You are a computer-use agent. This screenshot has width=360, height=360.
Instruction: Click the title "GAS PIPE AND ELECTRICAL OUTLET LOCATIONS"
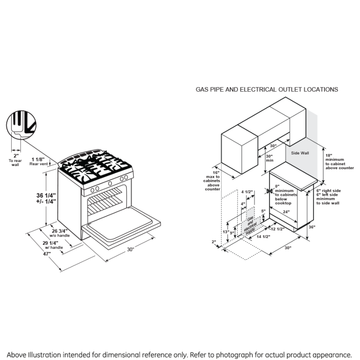pyautogui.click(x=266, y=90)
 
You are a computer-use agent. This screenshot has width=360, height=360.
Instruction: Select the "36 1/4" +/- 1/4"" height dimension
pyautogui.click(x=46, y=198)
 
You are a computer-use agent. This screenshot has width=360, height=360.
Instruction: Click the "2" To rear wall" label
pyautogui.click(x=15, y=160)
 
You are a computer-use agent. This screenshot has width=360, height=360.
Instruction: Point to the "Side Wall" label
pyautogui.click(x=300, y=153)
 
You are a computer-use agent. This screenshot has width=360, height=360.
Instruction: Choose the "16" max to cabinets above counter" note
pyautogui.click(x=212, y=181)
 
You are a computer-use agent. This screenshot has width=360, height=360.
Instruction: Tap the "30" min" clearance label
pyautogui.click(x=269, y=158)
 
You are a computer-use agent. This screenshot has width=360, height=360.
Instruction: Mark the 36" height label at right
pyautogui.click(x=312, y=227)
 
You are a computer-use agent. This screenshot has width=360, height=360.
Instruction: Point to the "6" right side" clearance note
pyautogui.click(x=328, y=191)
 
